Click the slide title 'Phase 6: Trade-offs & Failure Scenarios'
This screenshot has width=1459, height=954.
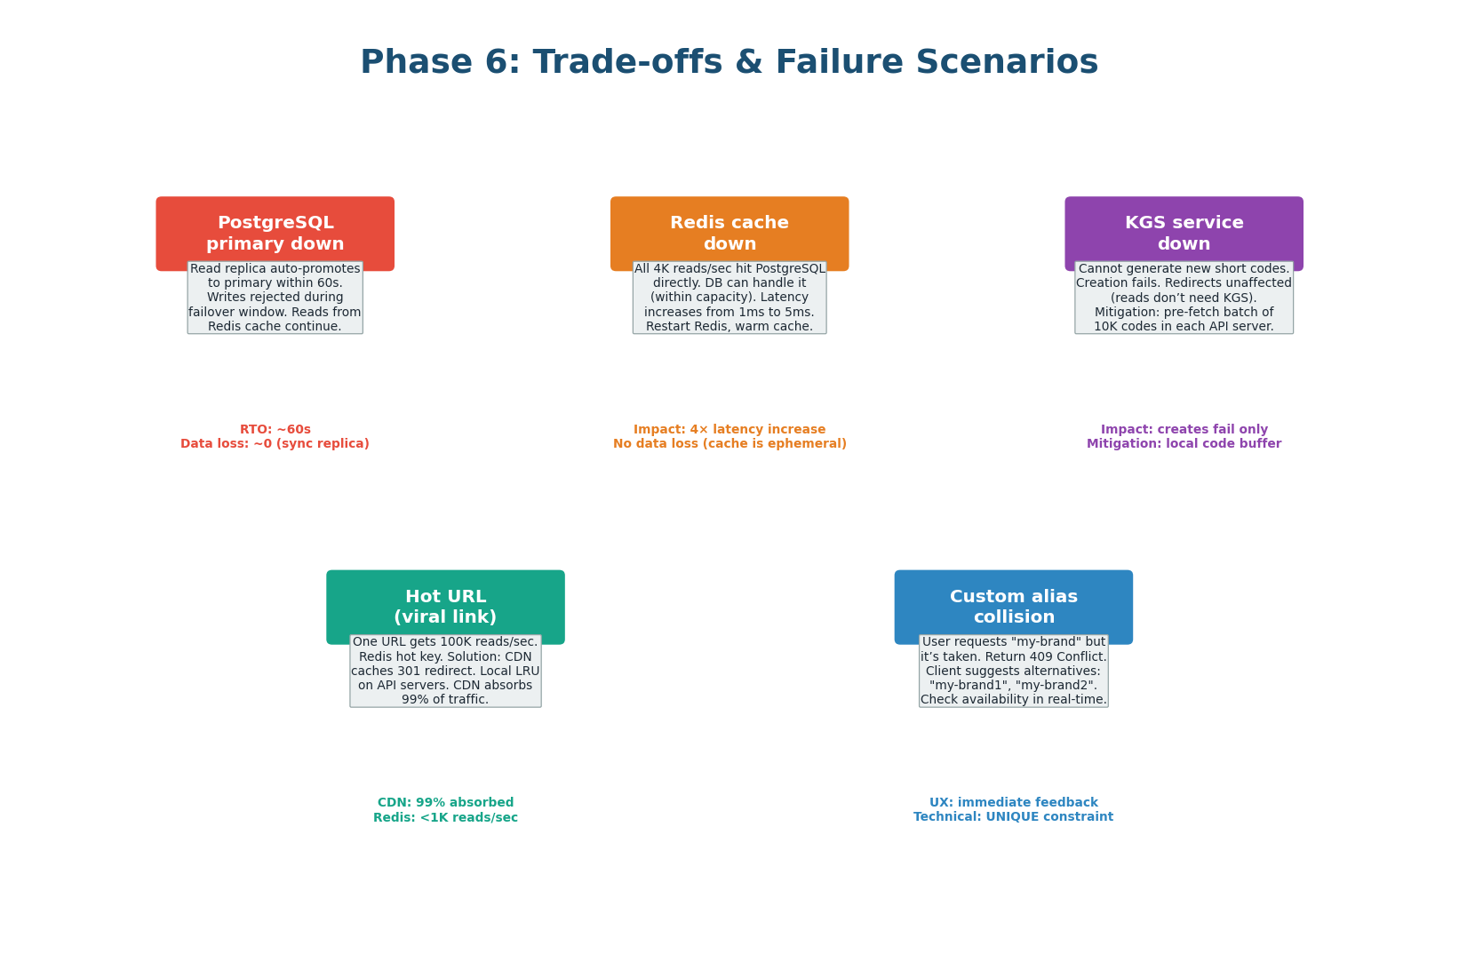729,62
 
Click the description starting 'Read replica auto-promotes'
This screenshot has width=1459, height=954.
275,298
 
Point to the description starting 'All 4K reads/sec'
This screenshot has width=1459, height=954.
729,298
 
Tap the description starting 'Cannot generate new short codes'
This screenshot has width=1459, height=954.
1184,298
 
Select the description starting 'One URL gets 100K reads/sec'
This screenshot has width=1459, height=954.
445,671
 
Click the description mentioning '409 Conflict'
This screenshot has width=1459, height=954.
1013,671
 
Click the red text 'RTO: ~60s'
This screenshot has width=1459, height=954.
275,429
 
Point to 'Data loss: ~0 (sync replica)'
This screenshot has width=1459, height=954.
275,444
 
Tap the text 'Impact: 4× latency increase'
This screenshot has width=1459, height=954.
729,429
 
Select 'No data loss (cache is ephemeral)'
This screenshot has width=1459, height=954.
729,444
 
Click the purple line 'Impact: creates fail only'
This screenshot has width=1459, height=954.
1184,429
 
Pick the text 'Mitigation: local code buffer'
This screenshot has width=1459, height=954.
1184,444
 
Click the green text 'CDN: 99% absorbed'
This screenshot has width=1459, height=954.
445,802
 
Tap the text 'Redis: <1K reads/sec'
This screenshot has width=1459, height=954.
445,817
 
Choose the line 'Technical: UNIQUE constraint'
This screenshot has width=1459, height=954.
1013,817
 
